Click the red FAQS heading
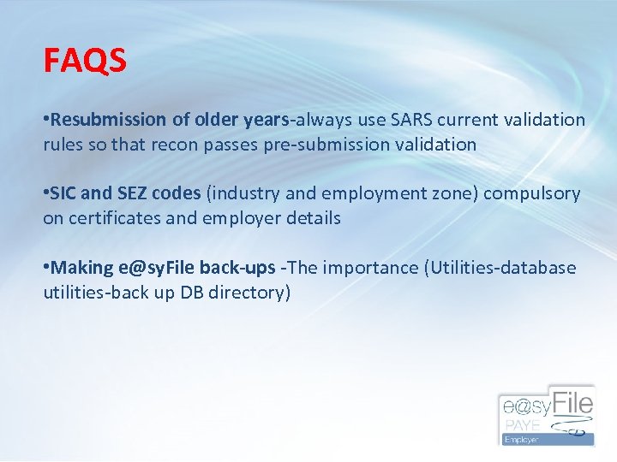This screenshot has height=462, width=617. pyautogui.click(x=85, y=61)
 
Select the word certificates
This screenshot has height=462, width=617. pyautogui.click(x=112, y=218)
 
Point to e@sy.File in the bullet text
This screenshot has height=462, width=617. pyautogui.click(x=159, y=268)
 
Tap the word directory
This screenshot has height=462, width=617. pyautogui.click(x=249, y=293)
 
